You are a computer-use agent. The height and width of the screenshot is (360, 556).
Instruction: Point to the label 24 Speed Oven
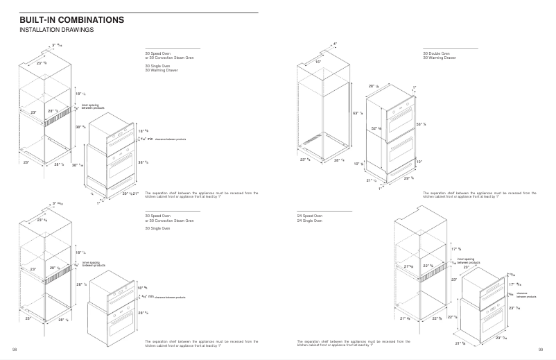309,216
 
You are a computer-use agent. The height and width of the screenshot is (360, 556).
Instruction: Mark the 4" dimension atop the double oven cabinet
335,44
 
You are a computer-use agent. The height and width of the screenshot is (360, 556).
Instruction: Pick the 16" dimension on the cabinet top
318,62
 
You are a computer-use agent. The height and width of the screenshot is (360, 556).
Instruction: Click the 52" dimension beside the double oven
375,128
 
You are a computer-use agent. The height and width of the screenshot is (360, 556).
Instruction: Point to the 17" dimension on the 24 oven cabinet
455,248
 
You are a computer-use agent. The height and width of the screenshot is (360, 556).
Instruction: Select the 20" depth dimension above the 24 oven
467,266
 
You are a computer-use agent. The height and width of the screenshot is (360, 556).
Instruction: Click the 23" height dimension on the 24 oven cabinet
454,280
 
